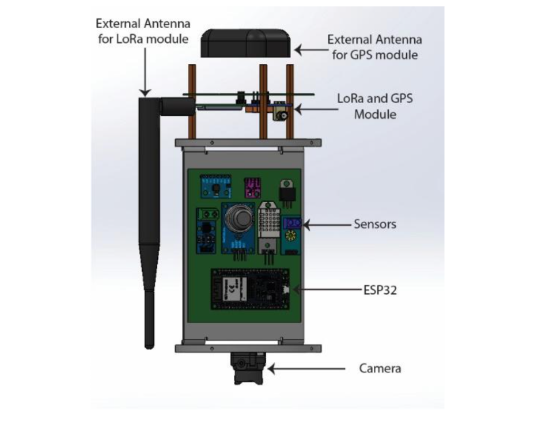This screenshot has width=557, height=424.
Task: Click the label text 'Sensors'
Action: [x=374, y=224]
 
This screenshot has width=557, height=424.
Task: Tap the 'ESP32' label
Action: [x=380, y=290]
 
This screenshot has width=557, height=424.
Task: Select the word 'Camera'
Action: [x=380, y=368]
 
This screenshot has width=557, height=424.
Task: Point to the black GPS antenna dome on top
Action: [x=246, y=43]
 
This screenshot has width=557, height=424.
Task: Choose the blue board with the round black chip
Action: [x=214, y=186]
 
